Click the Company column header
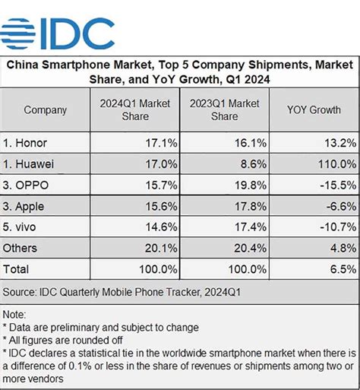pyautogui.click(x=45, y=110)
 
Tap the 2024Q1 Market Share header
pyautogui.click(x=134, y=110)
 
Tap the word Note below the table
pyautogui.click(x=15, y=313)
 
